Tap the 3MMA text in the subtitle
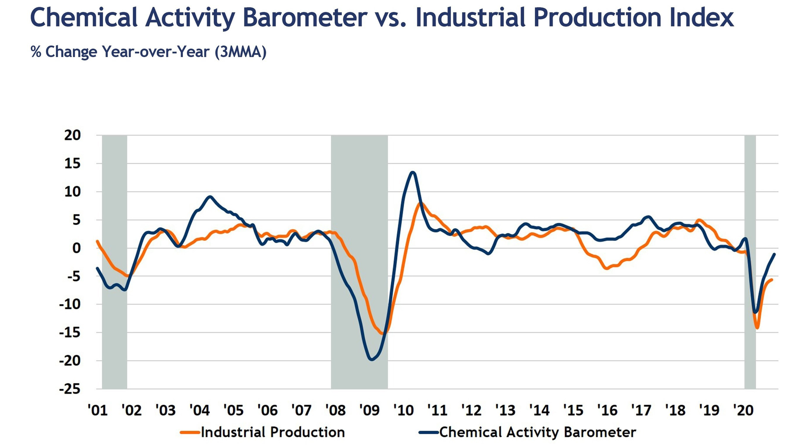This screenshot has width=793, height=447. (240, 52)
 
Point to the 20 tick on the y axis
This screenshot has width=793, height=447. (72, 135)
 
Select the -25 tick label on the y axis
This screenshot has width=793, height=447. (69, 389)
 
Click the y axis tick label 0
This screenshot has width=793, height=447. (77, 248)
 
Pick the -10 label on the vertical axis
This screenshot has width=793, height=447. (69, 304)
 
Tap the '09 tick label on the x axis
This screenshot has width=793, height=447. (369, 410)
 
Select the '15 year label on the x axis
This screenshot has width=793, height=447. (573, 410)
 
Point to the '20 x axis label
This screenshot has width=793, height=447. (743, 410)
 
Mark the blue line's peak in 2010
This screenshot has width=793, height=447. (412, 173)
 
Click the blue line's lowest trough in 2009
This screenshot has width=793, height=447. (371, 359)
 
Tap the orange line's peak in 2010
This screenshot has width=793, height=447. (421, 204)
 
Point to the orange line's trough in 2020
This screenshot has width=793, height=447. (757, 328)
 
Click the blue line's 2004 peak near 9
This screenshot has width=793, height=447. (210, 197)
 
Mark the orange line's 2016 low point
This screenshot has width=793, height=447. (606, 268)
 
